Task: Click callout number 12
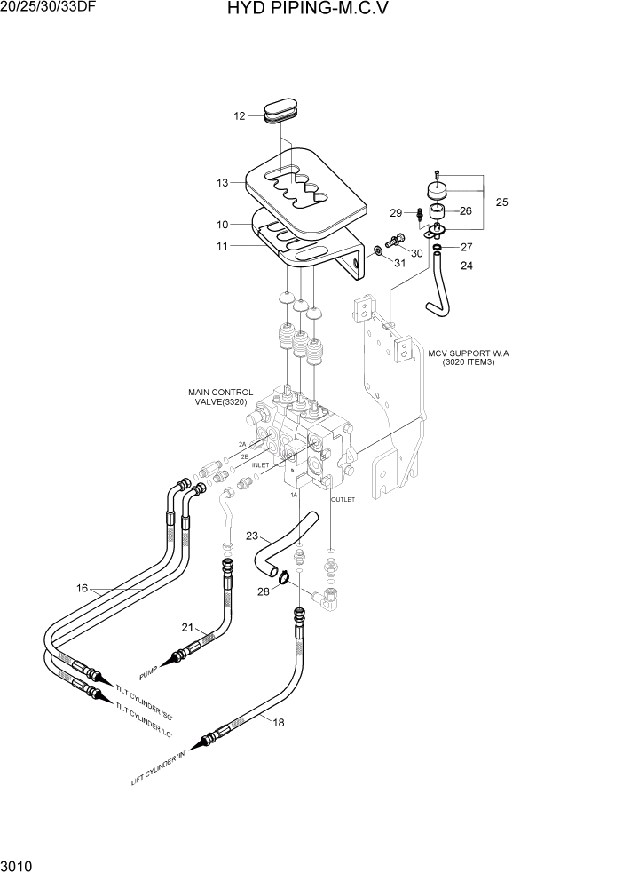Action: coord(240,116)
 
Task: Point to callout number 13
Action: coord(223,182)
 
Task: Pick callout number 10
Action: coord(223,225)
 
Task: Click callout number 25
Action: coord(501,202)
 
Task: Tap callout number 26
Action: coord(466,211)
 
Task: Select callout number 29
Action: coord(396,213)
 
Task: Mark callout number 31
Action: coord(399,263)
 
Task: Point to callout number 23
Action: coord(252,536)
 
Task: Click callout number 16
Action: coord(82,588)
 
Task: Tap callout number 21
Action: coord(187,627)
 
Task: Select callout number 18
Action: coord(278,722)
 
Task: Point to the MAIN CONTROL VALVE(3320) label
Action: coord(220,396)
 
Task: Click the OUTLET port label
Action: coord(343,500)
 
